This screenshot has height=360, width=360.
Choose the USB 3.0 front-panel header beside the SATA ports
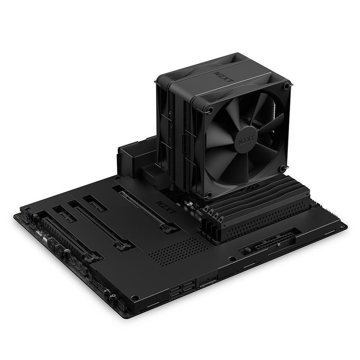coord(207,280)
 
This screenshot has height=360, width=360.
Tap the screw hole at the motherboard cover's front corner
coord(136,298)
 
